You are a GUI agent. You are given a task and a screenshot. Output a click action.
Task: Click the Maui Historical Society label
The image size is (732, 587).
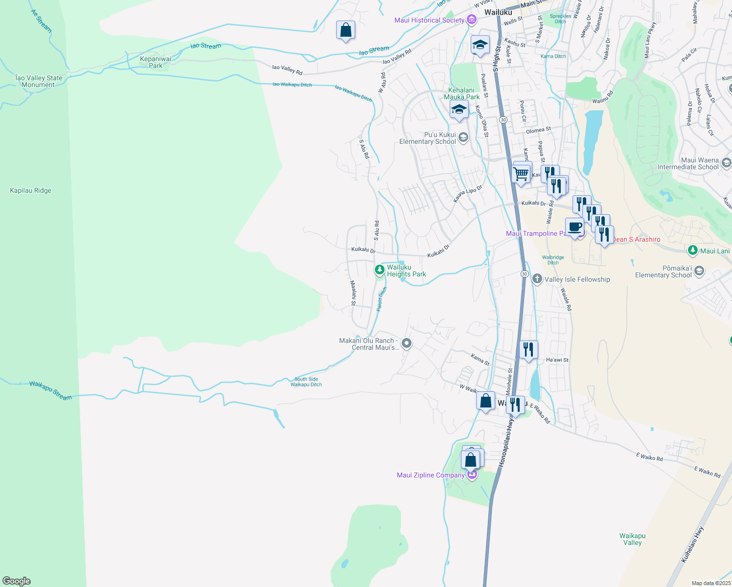click(x=429, y=20)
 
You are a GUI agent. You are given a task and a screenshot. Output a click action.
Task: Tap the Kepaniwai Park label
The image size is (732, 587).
click(x=156, y=62)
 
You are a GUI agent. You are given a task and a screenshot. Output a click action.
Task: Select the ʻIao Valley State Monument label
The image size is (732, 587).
click(x=39, y=81)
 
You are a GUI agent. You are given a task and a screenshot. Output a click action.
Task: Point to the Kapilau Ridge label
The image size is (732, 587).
click(x=30, y=190)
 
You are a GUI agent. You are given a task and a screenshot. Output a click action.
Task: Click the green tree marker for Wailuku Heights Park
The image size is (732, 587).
click(x=379, y=270)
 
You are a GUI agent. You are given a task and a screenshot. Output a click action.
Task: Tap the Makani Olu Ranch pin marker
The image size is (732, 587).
click(x=406, y=343)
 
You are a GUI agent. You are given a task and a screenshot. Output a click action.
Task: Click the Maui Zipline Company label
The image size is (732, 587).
click(x=431, y=475)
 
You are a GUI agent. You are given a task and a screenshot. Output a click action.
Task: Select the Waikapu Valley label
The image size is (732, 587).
click(x=632, y=539)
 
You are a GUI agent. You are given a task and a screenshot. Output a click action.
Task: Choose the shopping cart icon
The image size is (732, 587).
click(x=521, y=174)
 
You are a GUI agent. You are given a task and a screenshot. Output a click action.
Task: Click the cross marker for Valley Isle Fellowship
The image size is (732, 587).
click(x=537, y=279)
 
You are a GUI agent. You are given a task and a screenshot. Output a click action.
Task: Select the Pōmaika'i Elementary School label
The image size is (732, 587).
click(x=663, y=271)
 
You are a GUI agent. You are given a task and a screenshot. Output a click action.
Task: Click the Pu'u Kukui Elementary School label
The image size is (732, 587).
click(x=427, y=138)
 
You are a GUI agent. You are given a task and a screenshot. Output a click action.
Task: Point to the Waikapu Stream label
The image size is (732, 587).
click(x=50, y=390)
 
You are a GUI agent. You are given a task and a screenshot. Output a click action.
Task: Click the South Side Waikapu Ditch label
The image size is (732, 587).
click(x=306, y=382)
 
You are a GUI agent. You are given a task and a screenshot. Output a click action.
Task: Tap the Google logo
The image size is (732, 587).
click(x=17, y=581)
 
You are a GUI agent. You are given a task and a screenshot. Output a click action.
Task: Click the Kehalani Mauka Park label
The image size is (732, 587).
click(x=461, y=93)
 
